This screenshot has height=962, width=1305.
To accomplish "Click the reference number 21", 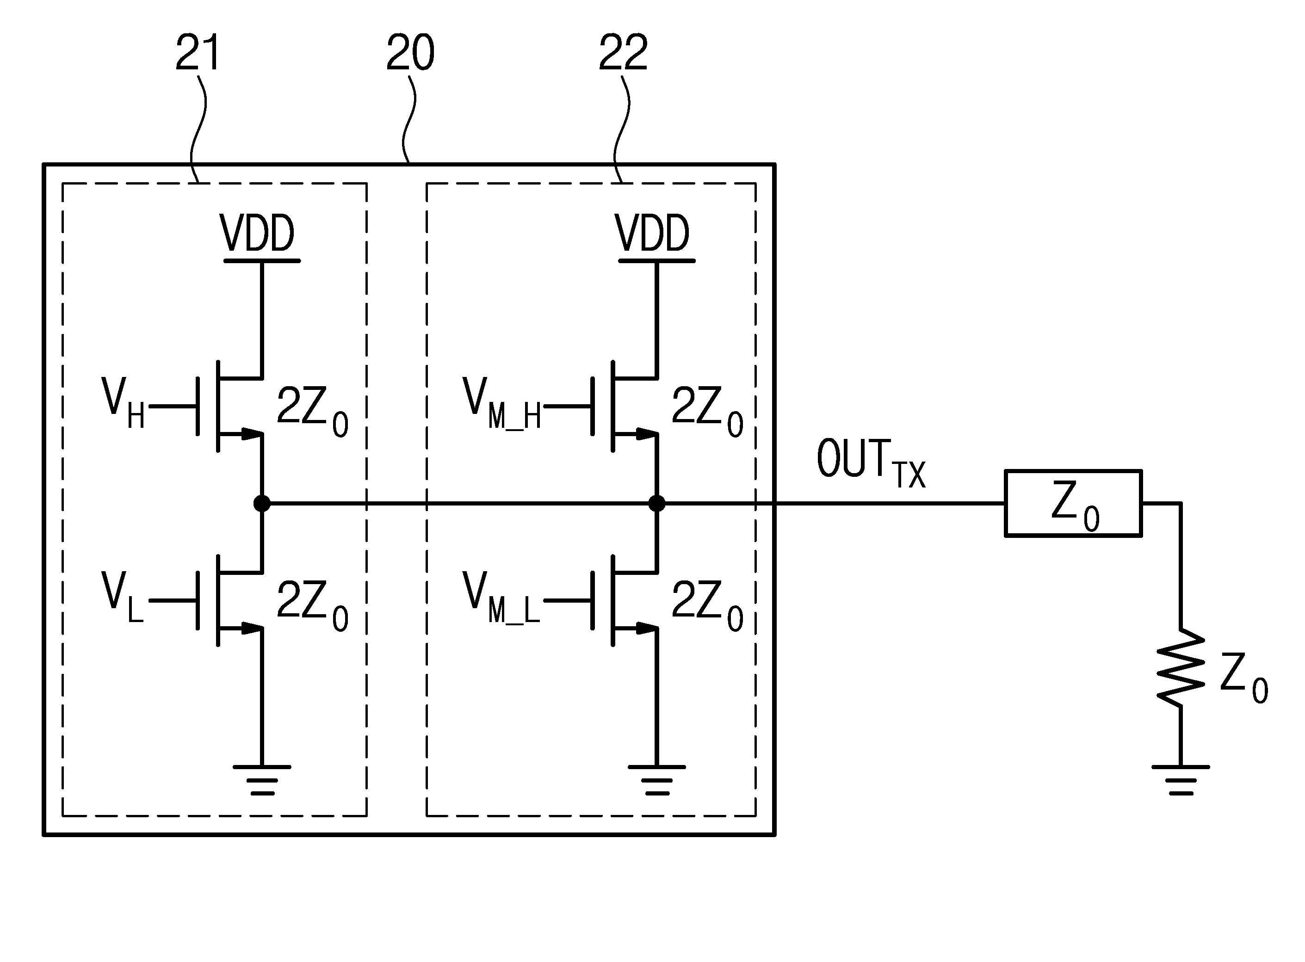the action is tap(198, 52).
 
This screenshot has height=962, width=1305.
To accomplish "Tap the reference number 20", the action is tap(410, 52).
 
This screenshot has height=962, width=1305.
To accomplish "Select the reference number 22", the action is tap(623, 52).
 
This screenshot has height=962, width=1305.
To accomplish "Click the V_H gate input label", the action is tap(124, 403).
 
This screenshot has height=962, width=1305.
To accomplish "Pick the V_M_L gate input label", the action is tap(501, 597).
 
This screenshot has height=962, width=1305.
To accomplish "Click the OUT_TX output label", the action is tap(871, 463).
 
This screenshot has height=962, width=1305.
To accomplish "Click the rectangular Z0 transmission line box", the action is tap(1073, 503).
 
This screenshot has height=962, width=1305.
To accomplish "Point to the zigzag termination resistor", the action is tap(1181, 668).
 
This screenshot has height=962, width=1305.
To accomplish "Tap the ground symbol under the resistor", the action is tap(1181, 780).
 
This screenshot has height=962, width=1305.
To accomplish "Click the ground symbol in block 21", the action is tap(261, 780).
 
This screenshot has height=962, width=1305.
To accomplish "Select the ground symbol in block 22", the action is tap(656, 780).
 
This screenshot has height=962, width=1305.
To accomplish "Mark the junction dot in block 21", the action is tap(262, 503).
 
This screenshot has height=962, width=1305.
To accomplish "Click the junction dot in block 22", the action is tap(656, 503).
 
